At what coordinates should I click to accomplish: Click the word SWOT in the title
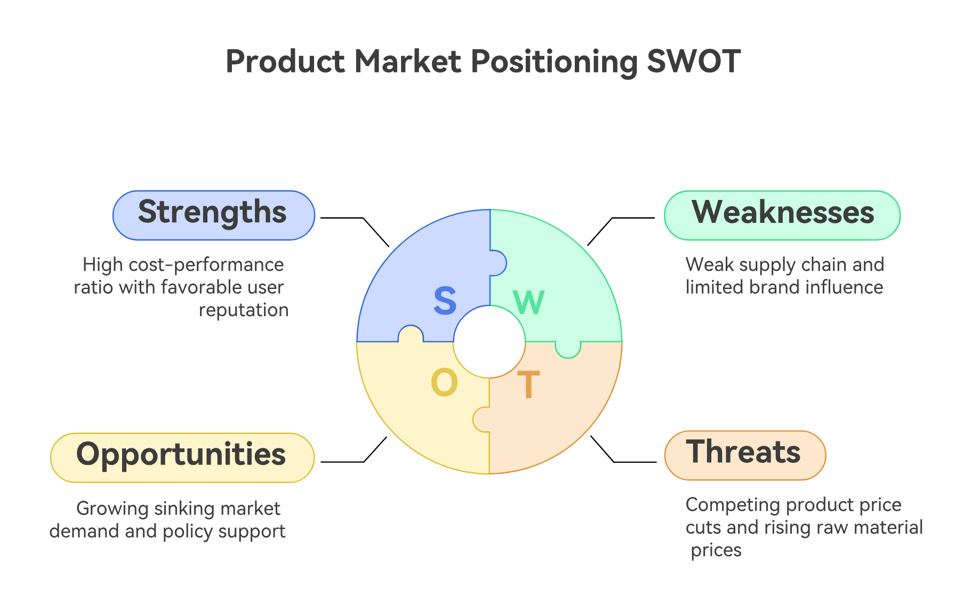tap(693, 61)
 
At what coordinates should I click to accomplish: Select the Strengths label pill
tap(213, 215)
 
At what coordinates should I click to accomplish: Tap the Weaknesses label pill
tap(782, 215)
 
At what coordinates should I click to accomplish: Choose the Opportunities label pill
tap(182, 457)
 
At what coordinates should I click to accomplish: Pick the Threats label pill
tap(744, 455)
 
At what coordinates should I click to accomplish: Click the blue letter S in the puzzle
tap(445, 301)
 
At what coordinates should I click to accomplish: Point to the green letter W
tap(528, 303)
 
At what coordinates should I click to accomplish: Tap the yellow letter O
tap(444, 383)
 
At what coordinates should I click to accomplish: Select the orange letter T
tap(528, 384)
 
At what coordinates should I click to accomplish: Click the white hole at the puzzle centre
tap(489, 342)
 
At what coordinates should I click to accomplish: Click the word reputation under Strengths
tap(244, 310)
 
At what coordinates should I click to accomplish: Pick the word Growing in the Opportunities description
tap(113, 509)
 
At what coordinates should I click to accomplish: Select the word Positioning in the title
tap(554, 61)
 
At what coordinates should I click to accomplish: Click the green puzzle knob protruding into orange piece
tap(568, 350)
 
